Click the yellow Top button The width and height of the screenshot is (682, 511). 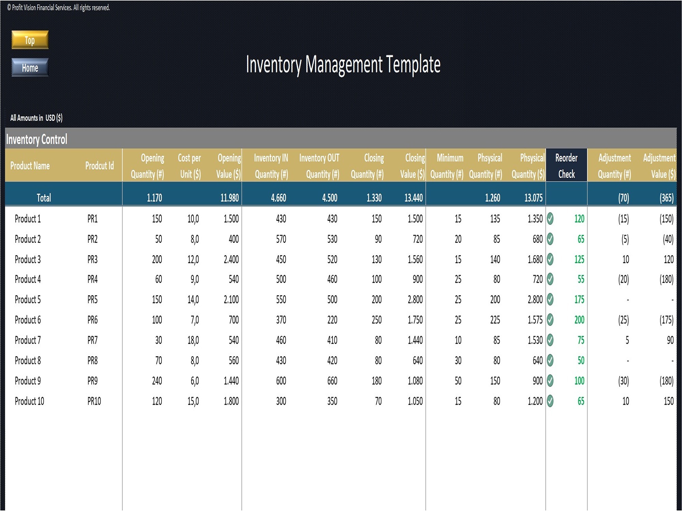tap(30, 40)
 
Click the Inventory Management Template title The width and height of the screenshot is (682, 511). tap(343, 64)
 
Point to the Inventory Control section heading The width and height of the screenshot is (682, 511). tap(37, 139)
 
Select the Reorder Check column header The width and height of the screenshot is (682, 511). tap(566, 166)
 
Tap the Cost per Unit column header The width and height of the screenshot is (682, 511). tap(190, 166)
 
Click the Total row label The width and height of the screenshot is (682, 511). tap(44, 198)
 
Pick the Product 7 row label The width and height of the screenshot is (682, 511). tap(28, 340)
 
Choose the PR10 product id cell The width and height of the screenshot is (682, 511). tap(94, 401)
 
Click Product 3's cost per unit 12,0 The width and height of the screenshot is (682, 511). tap(193, 259)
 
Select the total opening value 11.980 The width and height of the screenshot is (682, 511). tap(229, 198)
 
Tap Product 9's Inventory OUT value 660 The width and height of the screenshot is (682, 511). tap(332, 381)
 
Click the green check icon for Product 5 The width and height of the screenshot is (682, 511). tap(550, 299)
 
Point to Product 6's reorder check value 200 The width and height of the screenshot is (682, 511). tap(579, 320)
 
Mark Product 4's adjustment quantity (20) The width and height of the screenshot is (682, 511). tap(623, 279)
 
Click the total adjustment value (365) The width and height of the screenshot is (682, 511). tap(666, 198)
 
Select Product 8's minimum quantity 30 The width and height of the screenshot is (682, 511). tap(458, 360)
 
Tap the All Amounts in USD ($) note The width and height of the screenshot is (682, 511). tap(36, 118)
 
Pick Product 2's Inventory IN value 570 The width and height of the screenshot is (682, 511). tap(281, 239)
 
